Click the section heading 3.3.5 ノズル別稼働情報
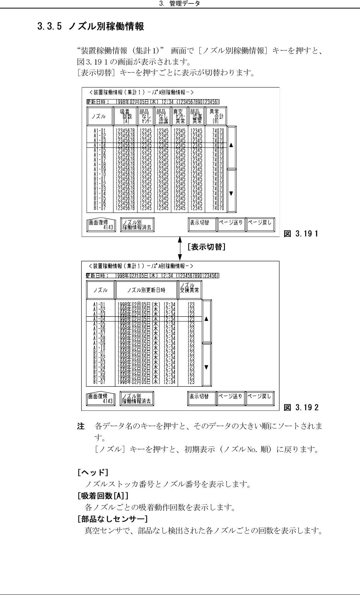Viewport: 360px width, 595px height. click(91, 27)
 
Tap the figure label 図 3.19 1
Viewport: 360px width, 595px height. click(301, 234)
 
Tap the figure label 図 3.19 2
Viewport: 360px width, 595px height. click(301, 407)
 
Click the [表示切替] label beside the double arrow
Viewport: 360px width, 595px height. click(206, 247)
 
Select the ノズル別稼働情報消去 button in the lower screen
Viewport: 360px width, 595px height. click(137, 399)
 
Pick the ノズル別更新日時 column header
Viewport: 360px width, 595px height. click(146, 290)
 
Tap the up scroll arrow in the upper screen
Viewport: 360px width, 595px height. click(231, 146)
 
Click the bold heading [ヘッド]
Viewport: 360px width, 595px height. click(93, 472)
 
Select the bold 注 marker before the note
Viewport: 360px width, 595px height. click(81, 427)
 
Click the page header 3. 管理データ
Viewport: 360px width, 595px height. click(180, 3)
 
